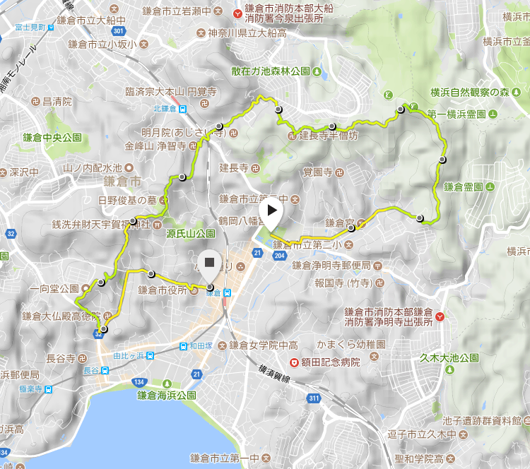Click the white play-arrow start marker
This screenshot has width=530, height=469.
(271, 213)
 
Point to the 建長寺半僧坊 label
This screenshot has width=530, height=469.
(329, 136)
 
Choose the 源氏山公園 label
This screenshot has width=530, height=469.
(191, 233)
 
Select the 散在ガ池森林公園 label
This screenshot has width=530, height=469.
(271, 71)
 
